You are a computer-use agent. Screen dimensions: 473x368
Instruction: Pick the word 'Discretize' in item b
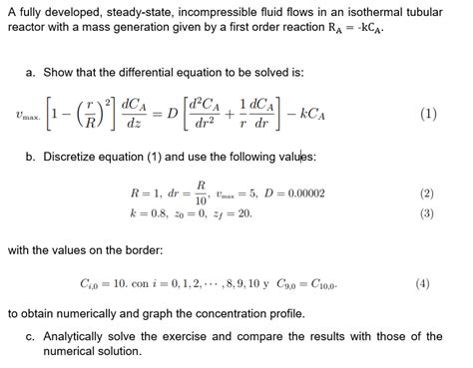click(72, 158)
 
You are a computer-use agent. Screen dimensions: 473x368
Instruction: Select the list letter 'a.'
click(32, 72)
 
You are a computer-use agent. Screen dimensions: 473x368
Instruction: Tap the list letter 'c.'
click(32, 336)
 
